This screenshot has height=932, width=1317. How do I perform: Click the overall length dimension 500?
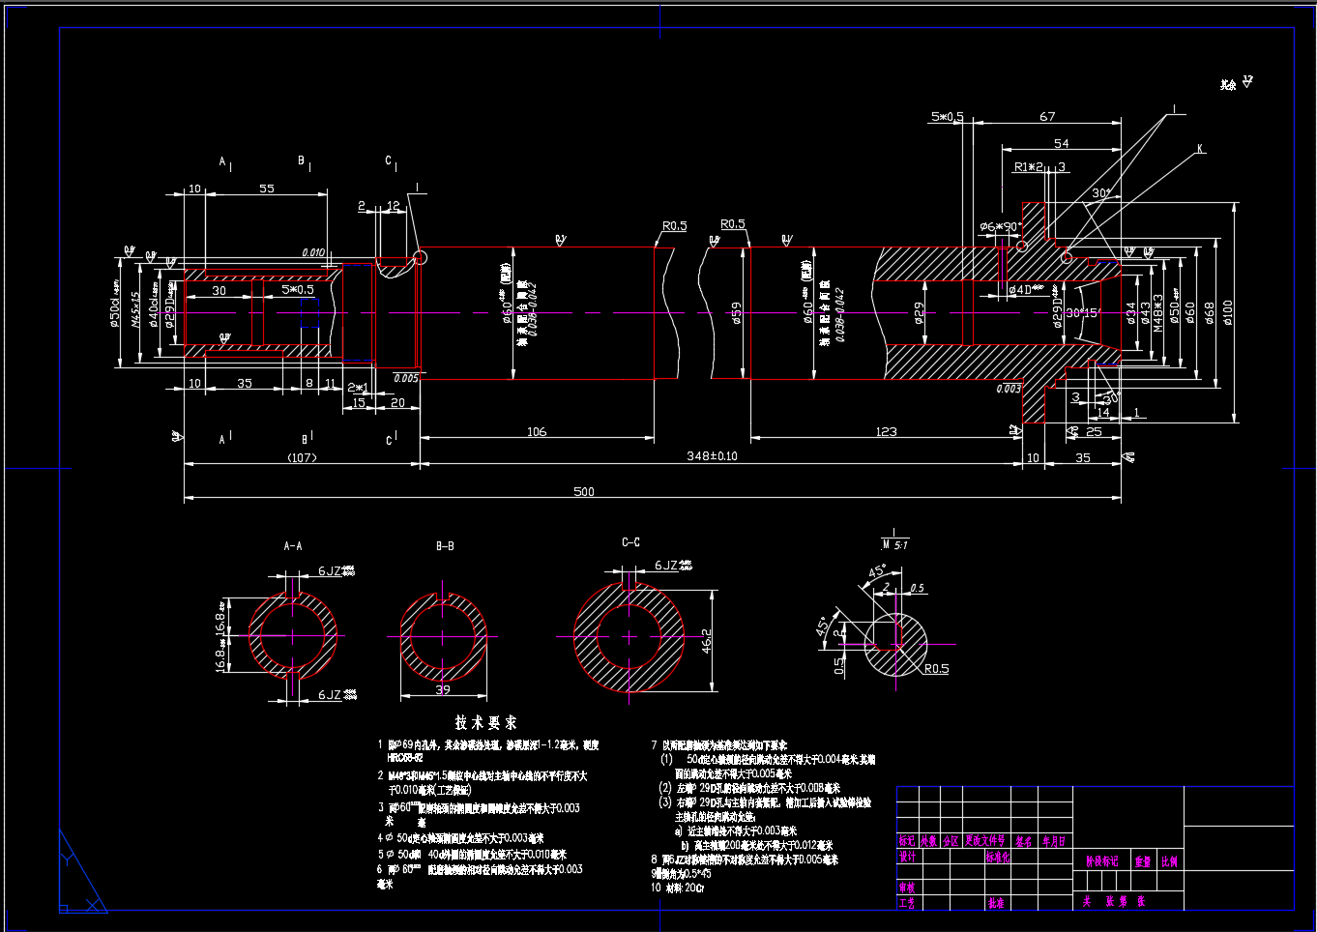click(x=583, y=491)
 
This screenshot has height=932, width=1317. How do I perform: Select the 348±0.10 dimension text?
click(x=712, y=455)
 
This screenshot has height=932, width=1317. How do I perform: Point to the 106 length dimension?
click(x=537, y=431)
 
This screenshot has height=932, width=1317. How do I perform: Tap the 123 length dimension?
click(x=886, y=431)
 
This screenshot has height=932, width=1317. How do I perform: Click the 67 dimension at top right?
click(x=1047, y=116)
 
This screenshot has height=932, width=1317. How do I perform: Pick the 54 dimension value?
click(x=1061, y=143)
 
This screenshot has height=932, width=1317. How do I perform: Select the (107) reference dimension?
click(x=302, y=457)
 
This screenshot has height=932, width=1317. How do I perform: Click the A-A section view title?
click(x=293, y=546)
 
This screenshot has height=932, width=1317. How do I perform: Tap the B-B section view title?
click(x=445, y=546)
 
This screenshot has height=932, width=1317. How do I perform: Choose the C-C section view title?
click(x=630, y=542)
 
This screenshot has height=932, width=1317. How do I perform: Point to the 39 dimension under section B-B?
click(x=443, y=689)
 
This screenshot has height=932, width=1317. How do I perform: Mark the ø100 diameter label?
click(x=1228, y=312)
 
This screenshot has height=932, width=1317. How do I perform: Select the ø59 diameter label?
click(x=737, y=313)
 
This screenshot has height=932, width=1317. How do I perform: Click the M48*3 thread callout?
click(x=1158, y=313)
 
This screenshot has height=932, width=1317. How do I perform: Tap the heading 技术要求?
click(x=486, y=722)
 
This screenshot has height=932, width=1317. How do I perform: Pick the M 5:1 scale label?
click(x=893, y=544)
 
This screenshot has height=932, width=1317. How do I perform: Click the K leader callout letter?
click(x=1200, y=149)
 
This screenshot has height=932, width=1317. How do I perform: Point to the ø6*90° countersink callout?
click(x=1000, y=227)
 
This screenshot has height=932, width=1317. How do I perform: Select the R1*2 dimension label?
click(x=1029, y=167)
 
